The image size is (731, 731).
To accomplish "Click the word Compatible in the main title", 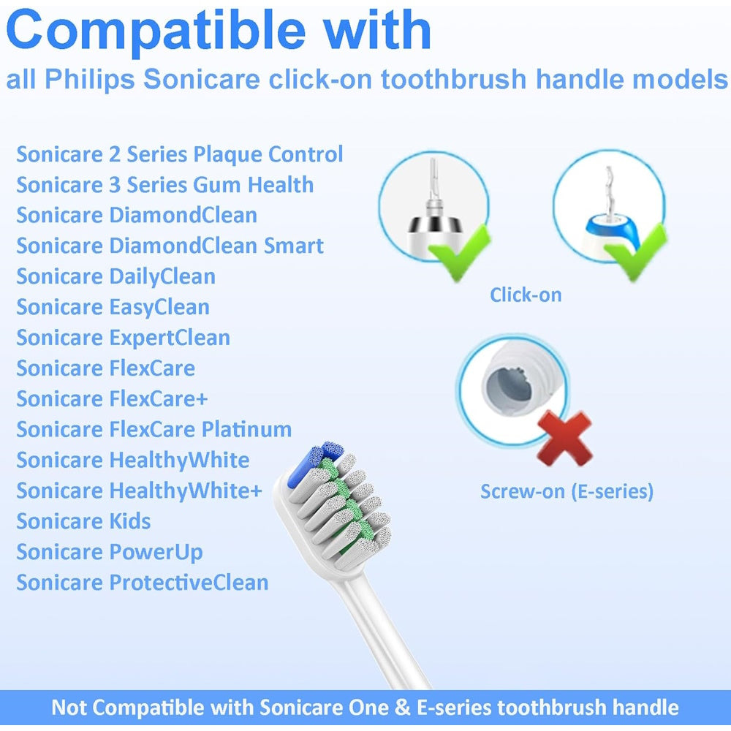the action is tap(156, 31).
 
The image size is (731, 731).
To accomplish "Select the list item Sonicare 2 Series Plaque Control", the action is tap(180, 155).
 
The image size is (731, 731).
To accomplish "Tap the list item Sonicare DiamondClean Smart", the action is tap(170, 246).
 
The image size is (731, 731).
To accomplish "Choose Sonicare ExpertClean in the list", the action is tap(123, 338).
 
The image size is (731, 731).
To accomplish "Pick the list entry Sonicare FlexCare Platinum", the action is tap(154, 429).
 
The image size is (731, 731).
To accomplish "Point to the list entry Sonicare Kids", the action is tap(83, 521).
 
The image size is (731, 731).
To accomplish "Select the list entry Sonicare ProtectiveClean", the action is tap(143, 583).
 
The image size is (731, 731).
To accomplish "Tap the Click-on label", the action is tap(526, 295).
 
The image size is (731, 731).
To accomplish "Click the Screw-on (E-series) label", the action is tap(567, 491).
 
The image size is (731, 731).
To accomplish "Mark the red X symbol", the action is tap(564, 438).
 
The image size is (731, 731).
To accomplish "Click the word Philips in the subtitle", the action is tap(89, 80).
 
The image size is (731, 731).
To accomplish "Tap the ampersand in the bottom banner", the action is tap(402, 708).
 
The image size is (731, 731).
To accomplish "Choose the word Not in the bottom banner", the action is tap(68, 708).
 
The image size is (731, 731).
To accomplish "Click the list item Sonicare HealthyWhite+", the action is tap(140, 491).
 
